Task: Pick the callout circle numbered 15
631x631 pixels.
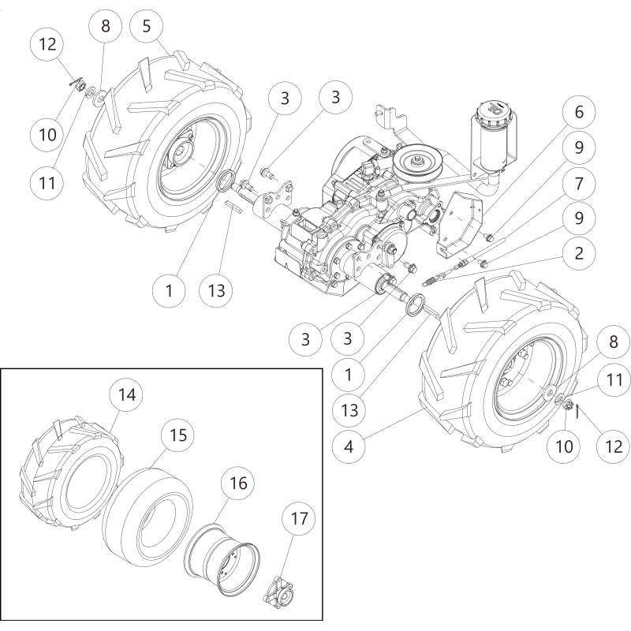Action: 178,435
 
